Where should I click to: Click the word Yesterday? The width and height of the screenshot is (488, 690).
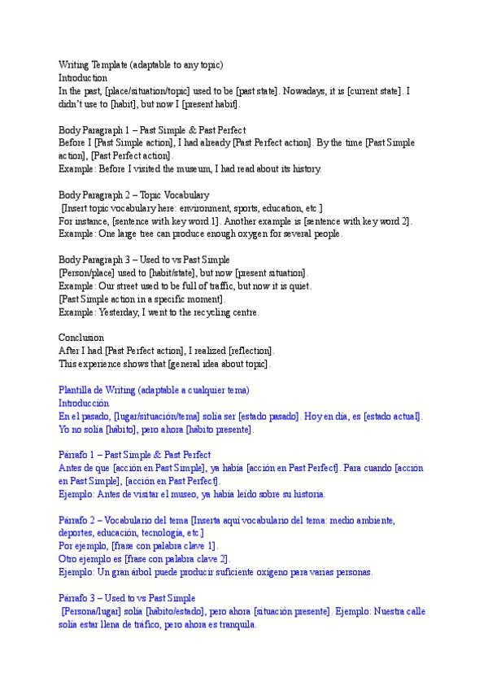point(120,312)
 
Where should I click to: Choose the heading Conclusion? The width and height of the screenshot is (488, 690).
point(80,338)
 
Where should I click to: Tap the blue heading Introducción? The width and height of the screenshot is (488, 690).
point(83,403)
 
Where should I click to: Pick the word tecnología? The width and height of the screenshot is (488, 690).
point(158,533)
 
